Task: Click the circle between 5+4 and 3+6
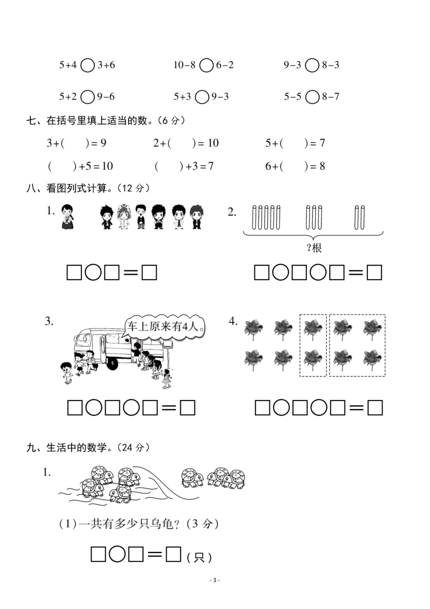click(87, 65)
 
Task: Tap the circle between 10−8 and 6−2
click(206, 65)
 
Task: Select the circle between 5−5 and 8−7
click(312, 97)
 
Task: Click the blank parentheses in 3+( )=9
click(75, 143)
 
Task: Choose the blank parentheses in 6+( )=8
click(293, 166)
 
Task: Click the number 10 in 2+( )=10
click(213, 143)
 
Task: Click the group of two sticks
click(360, 217)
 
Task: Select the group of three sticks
click(314, 217)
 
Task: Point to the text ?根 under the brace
click(314, 248)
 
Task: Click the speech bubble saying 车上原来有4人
click(166, 326)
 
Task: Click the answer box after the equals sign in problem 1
click(149, 273)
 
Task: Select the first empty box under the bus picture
click(75, 408)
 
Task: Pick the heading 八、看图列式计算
click(88, 188)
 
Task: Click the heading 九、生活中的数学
click(88, 448)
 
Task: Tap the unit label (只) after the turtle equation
click(199, 557)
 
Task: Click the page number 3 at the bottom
click(215, 580)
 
